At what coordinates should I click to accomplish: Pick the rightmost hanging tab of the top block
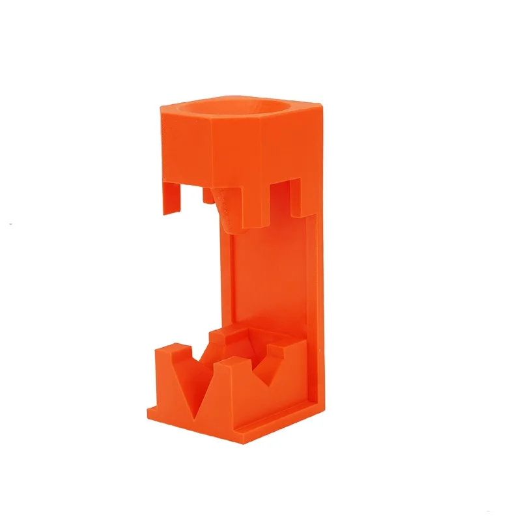[306, 195]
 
